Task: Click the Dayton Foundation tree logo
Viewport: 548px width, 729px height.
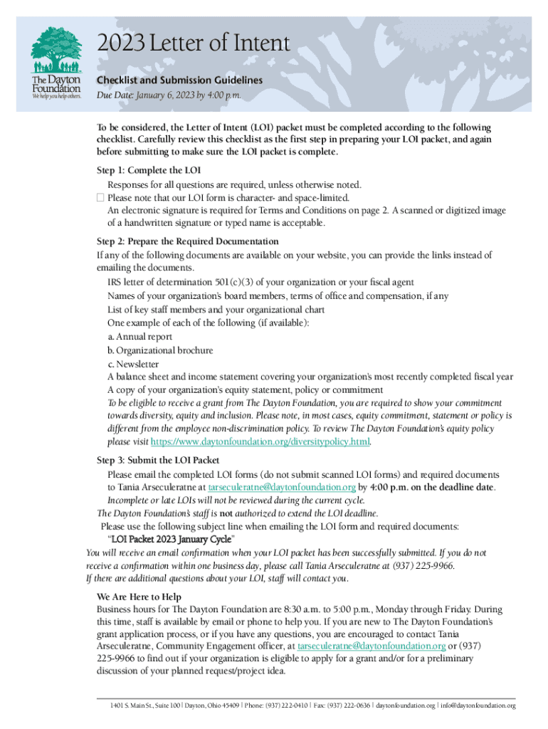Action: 55,50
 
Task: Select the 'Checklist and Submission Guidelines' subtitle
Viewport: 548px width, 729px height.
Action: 179,80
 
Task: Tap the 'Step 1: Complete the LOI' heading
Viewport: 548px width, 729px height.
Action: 149,170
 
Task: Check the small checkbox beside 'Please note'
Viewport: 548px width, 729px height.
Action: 100,197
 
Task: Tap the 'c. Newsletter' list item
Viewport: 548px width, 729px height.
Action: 133,364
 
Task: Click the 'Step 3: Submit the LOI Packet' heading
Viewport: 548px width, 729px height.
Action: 158,460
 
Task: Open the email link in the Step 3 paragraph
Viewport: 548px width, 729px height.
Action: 281,488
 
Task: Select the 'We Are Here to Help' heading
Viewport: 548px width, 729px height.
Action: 139,597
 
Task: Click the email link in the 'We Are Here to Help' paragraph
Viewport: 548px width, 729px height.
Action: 372,646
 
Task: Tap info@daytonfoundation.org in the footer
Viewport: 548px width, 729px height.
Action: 478,706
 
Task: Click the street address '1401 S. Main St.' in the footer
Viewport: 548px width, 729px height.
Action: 135,706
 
